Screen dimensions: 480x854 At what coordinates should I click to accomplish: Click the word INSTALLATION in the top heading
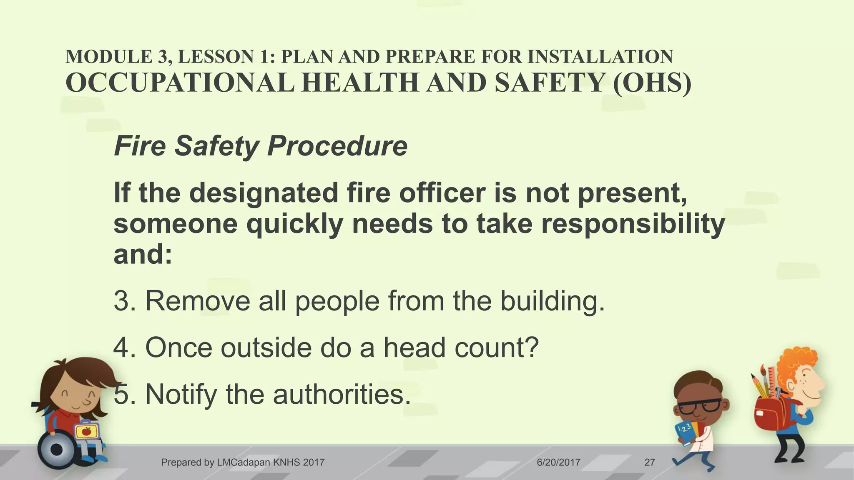(x=600, y=57)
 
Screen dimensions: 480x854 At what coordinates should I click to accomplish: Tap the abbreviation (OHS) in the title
(x=652, y=82)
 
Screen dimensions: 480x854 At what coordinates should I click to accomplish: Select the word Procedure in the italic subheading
(x=337, y=146)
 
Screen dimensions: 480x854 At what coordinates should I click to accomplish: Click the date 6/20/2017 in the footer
(x=558, y=462)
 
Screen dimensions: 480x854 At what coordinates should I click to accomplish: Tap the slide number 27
(x=649, y=462)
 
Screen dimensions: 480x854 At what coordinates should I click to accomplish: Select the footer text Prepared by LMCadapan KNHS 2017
(x=243, y=462)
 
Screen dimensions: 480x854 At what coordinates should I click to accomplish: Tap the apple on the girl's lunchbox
(x=86, y=431)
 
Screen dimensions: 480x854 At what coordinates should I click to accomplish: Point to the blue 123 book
(x=686, y=433)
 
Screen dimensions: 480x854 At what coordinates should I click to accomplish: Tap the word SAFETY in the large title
(x=550, y=82)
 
